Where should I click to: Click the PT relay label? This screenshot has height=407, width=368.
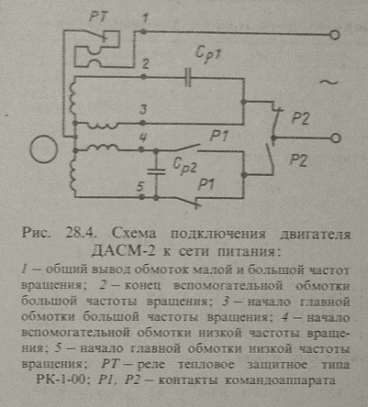pos(97,16)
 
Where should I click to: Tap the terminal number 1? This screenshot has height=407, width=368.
pos(145,19)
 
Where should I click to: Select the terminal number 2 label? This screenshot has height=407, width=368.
pos(146,64)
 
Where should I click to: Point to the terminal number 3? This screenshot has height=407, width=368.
pos(143,110)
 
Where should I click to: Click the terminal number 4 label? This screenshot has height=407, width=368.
pos(143,137)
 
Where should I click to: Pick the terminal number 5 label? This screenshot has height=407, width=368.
pos(140,186)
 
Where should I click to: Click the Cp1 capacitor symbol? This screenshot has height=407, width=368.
pos(188,78)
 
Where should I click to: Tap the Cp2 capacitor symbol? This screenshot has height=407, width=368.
pos(156,171)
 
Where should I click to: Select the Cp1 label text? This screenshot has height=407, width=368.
pos(208,56)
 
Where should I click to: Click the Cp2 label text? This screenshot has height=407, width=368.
pos(184,166)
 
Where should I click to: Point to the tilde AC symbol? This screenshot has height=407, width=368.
pos(329,82)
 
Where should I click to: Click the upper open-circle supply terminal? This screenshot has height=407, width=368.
pos(335,35)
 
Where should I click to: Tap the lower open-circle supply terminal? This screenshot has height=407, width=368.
pos(336,138)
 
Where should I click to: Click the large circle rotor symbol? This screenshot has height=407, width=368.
pos(44,149)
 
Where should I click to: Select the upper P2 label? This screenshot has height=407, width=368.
pos(300,118)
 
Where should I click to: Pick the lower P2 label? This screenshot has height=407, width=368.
pos(298,160)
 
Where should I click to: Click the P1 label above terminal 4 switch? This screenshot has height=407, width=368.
pos(218,136)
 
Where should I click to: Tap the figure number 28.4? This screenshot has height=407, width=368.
pos(82,234)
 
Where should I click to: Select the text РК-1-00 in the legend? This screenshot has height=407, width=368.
pos(64,379)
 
